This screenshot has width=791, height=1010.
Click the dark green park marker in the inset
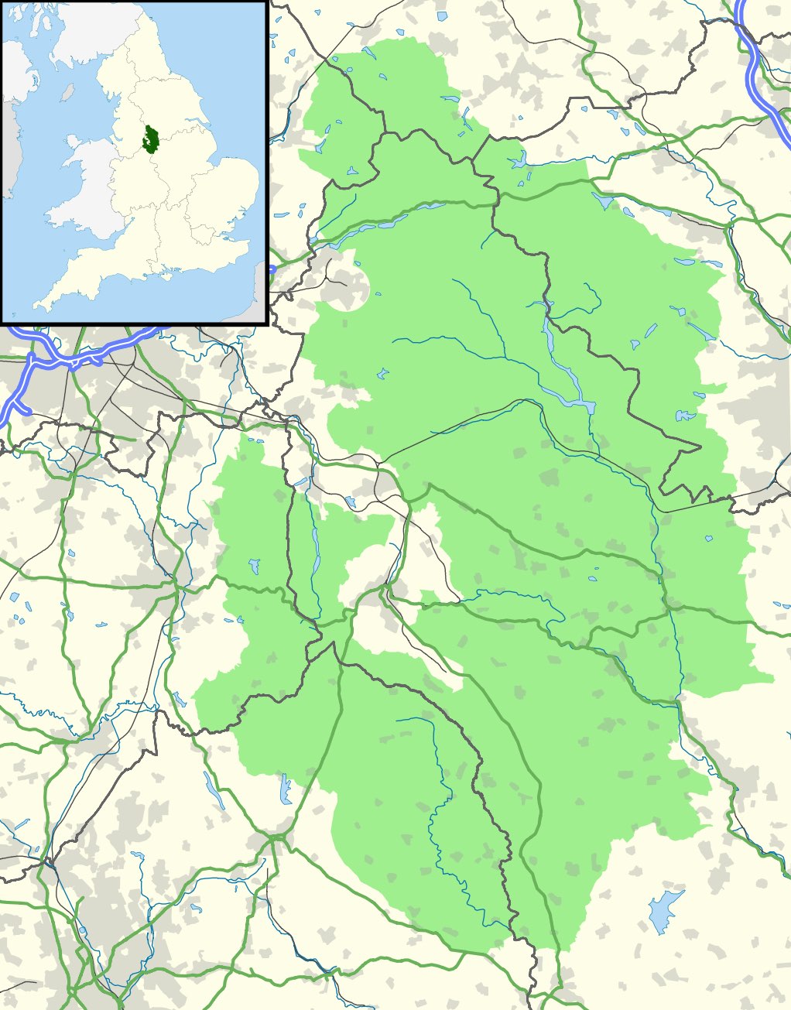tap(151, 137)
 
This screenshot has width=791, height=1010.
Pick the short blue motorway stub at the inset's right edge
tap(272, 269)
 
